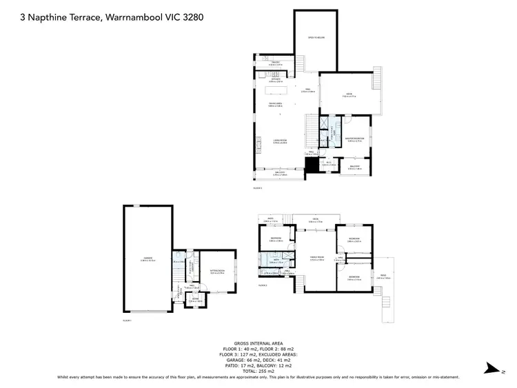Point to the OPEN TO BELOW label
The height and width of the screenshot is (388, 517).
(316, 39)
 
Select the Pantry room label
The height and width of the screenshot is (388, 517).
(274, 63)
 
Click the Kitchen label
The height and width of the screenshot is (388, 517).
(276, 79)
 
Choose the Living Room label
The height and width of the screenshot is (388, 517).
(278, 141)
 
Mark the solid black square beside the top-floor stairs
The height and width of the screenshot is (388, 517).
(310, 163)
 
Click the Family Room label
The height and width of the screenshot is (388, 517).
(316, 258)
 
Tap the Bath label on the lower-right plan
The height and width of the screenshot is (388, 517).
(272, 261)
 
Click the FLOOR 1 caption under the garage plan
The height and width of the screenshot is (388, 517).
(127, 320)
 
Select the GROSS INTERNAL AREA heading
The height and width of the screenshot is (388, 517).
(258, 342)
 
